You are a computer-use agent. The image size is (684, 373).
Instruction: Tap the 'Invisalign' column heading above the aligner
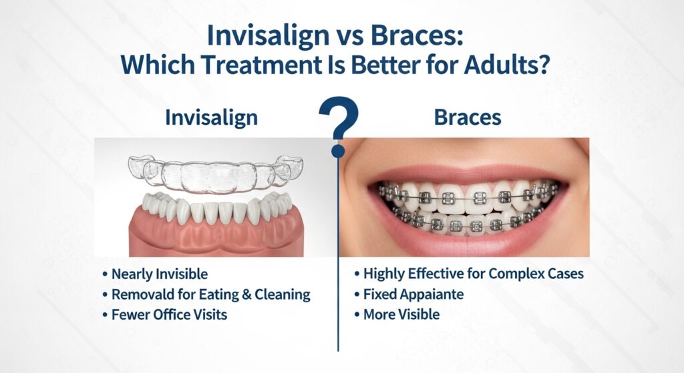point(211,117)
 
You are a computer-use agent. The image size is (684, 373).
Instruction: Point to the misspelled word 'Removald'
point(144,294)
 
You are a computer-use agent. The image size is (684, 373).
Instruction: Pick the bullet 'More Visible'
point(401,314)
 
